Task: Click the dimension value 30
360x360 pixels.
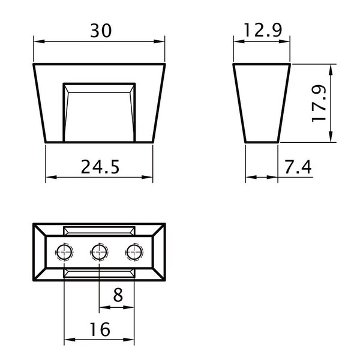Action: (x=101, y=31)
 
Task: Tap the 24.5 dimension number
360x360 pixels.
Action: (x=100, y=167)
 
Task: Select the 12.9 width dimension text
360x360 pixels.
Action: (x=262, y=30)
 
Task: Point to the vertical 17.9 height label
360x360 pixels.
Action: (x=319, y=104)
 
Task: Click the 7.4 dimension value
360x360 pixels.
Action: (x=298, y=167)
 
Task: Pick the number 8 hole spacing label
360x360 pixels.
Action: (x=118, y=295)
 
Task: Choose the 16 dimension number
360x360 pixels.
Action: (x=100, y=329)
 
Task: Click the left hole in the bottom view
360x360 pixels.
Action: (x=64, y=252)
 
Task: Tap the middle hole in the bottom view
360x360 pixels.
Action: (x=99, y=252)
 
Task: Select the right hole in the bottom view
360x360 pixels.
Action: (x=134, y=252)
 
